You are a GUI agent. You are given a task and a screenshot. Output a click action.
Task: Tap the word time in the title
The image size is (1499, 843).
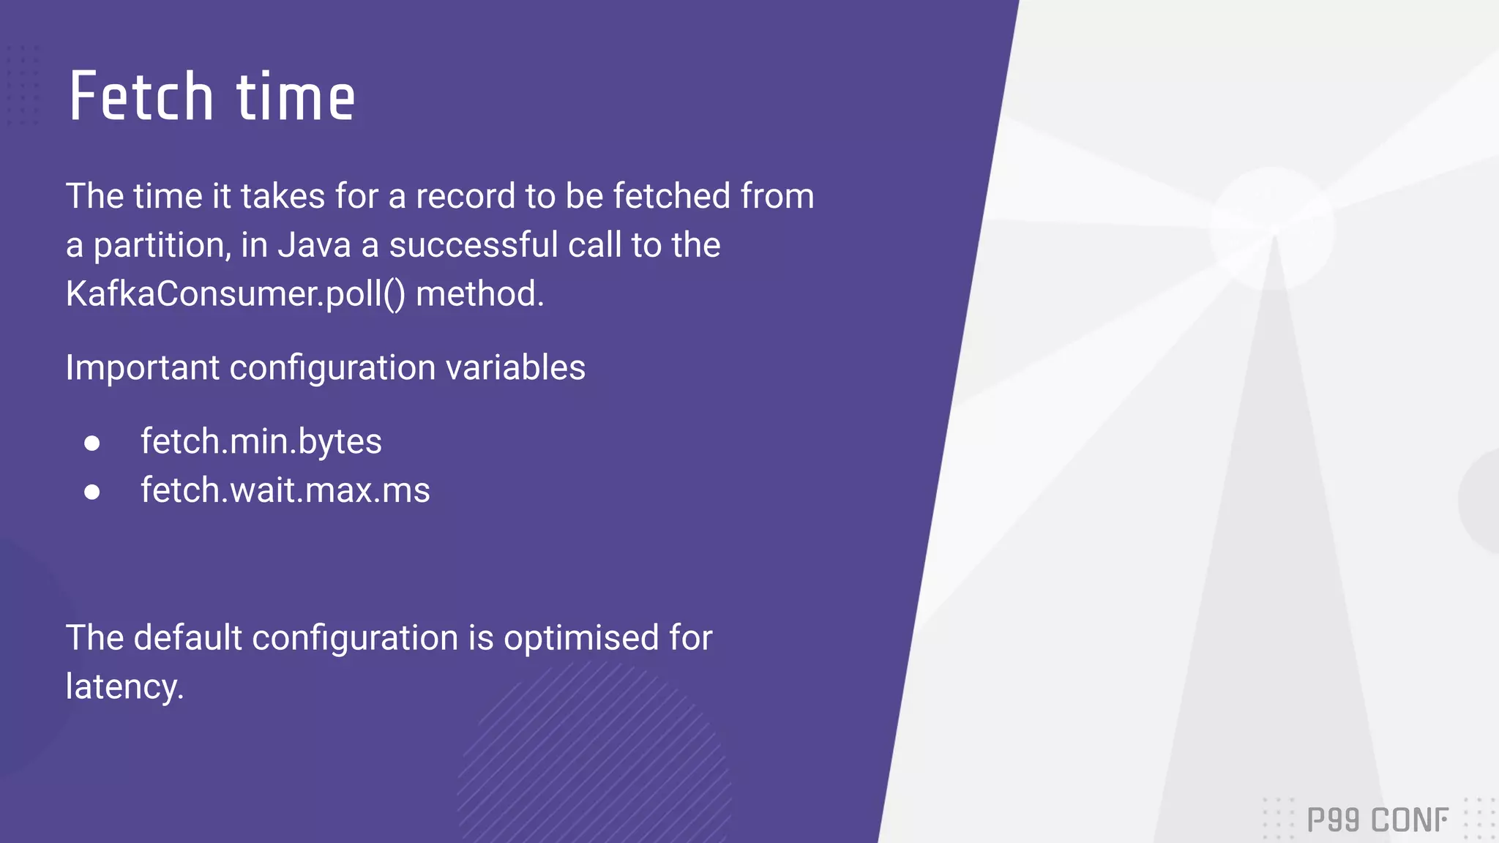pos(295,97)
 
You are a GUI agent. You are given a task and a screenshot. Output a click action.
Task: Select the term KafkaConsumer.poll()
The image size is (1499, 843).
pos(235,294)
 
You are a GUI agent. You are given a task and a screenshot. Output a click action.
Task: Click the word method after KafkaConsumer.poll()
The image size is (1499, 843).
pos(479,294)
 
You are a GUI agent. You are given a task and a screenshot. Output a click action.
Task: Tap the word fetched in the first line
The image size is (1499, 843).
pos(672,196)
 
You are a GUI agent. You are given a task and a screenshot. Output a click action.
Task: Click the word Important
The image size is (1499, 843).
pos(142,367)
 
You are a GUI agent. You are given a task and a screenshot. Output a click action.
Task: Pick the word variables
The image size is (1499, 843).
pos(515,367)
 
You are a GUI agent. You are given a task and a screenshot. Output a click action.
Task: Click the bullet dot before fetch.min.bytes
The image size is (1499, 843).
pos(91,443)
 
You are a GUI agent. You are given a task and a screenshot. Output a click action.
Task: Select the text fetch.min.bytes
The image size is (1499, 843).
pos(261,442)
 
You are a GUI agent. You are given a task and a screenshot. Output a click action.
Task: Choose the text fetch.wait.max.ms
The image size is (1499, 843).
pos(285,490)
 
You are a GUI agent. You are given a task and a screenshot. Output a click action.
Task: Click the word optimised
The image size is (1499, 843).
pos(581,637)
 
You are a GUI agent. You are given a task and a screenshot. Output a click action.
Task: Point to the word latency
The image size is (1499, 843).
pos(124,687)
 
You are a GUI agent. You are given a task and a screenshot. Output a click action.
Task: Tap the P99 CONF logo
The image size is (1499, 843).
pos(1377,820)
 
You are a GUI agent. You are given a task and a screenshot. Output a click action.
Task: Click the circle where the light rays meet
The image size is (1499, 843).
pos(1273,229)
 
